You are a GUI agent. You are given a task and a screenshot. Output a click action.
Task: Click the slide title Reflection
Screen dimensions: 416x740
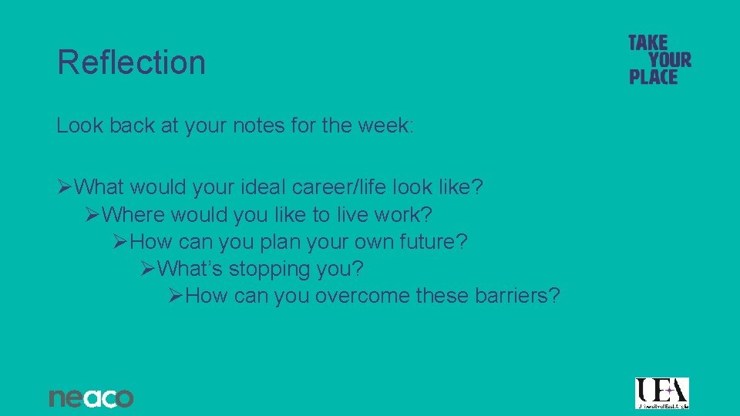pos(131,62)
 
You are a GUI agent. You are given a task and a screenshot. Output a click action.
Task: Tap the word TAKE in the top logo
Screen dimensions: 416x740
pos(647,43)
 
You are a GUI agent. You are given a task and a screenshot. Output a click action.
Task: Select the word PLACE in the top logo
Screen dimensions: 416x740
pos(653,76)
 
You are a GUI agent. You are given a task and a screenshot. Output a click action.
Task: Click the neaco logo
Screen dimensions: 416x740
pos(91,398)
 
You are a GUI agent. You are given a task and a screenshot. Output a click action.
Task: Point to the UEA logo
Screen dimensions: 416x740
pos(661,393)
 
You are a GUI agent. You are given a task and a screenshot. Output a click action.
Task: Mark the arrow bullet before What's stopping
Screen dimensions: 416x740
pos(148,269)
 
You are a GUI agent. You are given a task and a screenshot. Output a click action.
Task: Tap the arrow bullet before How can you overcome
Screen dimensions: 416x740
pos(176,295)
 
